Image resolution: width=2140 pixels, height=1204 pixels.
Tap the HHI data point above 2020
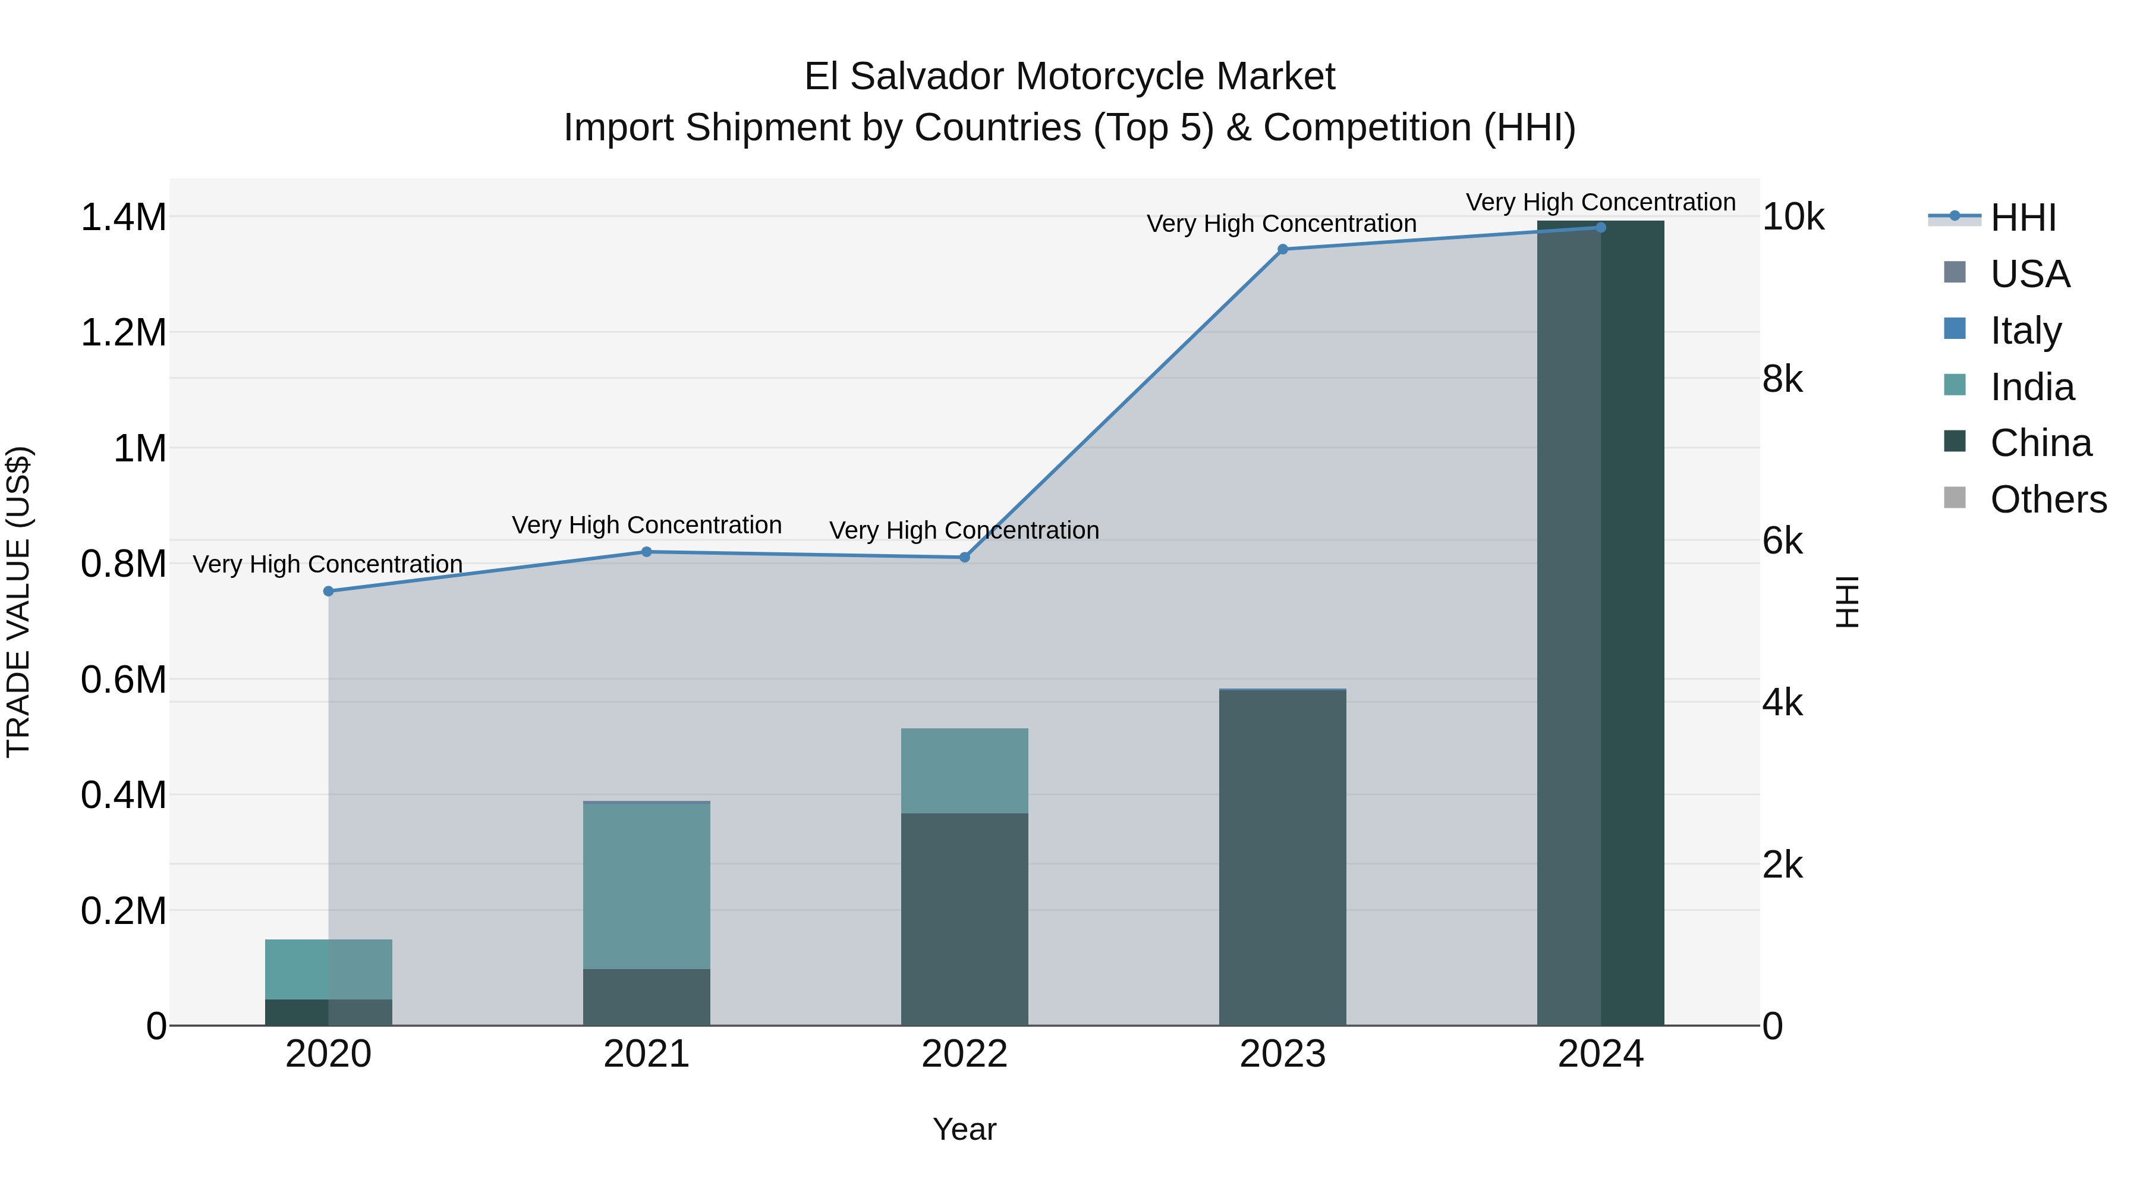point(328,591)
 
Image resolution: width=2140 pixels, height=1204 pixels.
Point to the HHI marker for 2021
point(646,552)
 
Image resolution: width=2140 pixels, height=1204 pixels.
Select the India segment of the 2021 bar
point(646,885)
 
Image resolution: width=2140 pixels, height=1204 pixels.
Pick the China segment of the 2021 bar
point(646,996)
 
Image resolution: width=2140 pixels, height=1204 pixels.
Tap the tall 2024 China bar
point(1600,623)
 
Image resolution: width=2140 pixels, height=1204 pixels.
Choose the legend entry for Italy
point(2025,331)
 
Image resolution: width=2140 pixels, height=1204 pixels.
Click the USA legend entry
point(2029,274)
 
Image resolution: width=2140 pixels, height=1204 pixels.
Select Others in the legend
point(2048,499)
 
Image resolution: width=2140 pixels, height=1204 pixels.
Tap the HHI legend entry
point(2023,218)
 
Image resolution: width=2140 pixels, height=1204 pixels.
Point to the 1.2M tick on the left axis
point(123,333)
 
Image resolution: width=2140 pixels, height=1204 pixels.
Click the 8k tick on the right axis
point(1782,380)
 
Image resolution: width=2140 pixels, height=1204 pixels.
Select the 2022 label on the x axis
point(965,1054)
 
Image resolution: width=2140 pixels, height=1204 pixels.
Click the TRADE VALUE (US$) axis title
point(18,602)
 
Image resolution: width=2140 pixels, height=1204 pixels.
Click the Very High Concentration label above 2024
point(1600,202)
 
